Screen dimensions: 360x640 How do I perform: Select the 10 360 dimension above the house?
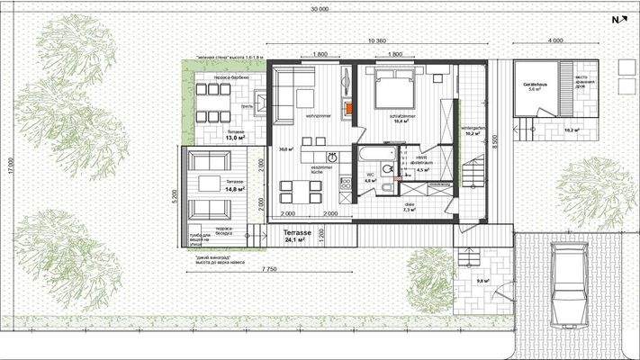click(377, 42)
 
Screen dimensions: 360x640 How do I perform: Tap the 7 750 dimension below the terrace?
click(264, 269)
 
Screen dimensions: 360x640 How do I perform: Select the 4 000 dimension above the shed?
click(554, 40)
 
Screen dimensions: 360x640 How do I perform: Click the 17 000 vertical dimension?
click(6, 167)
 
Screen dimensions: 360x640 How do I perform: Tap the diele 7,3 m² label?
click(408, 209)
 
